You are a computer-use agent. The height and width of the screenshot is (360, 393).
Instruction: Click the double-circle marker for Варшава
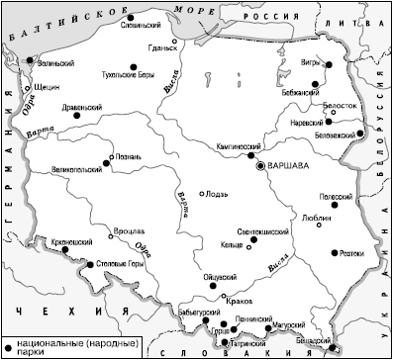coord(261,167)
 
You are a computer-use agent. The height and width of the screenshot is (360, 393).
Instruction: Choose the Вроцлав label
coord(128,229)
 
